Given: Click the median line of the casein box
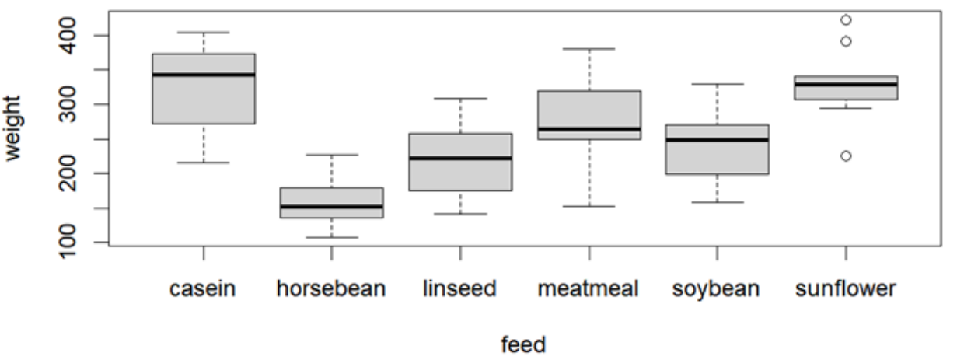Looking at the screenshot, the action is (x=204, y=75).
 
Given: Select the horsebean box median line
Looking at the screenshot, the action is (x=331, y=207).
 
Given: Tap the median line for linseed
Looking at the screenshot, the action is (x=460, y=158).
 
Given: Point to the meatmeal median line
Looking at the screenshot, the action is (x=589, y=129).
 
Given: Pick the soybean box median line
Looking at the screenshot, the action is (x=718, y=140).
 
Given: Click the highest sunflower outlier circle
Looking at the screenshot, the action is (x=846, y=20).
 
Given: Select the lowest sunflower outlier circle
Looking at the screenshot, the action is (x=846, y=156).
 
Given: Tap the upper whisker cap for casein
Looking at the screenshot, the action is (x=204, y=33).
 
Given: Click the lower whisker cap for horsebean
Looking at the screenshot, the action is (x=331, y=237).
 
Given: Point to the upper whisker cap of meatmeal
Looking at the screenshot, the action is (x=589, y=49).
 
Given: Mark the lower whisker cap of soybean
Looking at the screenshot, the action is (x=718, y=202).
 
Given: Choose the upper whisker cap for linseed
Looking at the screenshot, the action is (x=460, y=99).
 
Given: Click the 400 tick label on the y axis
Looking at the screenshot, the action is (x=68, y=36).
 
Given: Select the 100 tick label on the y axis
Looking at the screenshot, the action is (x=68, y=242).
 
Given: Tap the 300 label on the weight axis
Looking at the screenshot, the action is (x=68, y=104).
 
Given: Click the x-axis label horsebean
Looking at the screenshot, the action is (x=331, y=288).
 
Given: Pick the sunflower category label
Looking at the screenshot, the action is (x=846, y=288).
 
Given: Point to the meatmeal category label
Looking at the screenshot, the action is (x=589, y=288).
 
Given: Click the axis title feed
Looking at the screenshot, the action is (x=523, y=344).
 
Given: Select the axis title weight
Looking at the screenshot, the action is (x=12, y=128).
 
